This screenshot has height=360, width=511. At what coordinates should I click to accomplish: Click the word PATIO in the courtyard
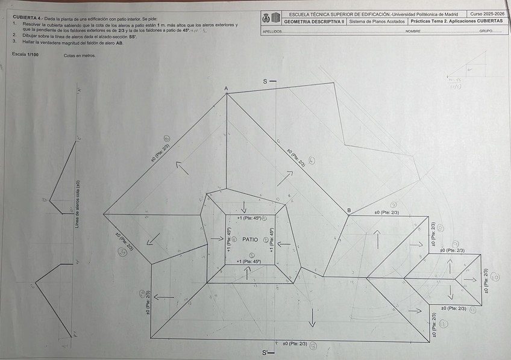(x=250, y=240)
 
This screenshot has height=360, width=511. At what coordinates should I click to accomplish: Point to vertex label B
(x=349, y=210)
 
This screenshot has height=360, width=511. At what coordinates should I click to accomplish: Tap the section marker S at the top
(x=265, y=81)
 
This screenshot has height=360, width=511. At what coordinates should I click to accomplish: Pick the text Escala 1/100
(x=25, y=55)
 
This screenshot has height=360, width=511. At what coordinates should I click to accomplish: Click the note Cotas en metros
(x=79, y=55)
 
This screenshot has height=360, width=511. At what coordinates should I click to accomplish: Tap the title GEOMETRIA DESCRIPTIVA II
(x=314, y=21)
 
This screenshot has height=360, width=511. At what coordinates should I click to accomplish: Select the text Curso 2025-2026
(x=487, y=13)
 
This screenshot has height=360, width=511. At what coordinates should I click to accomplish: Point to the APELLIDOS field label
(x=272, y=31)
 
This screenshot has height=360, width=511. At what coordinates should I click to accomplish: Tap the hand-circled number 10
(x=495, y=278)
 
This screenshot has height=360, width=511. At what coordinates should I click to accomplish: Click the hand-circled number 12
(x=443, y=323)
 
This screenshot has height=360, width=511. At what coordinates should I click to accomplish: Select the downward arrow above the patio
(x=243, y=206)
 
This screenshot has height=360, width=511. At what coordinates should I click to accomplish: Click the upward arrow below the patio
(x=248, y=272)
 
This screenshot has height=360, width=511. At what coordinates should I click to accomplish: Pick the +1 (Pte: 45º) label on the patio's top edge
(x=249, y=218)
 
